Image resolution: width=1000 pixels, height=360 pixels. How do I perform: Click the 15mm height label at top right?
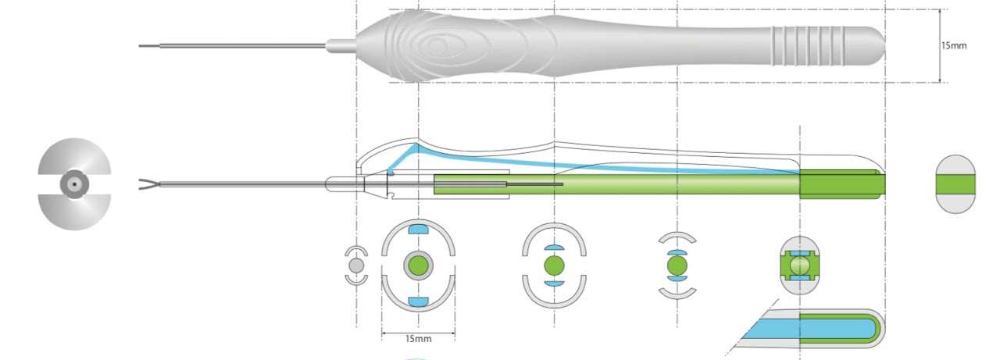tap(954, 45)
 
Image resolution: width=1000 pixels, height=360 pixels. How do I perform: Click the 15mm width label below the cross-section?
tap(418, 338)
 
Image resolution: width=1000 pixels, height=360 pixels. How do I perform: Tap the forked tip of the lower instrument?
tap(148, 185)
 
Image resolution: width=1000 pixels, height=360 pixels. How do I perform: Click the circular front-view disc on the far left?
tap(74, 185)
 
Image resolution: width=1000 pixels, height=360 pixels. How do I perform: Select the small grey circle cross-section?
tap(356, 266)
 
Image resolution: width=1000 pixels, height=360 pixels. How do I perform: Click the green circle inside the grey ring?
tap(418, 266)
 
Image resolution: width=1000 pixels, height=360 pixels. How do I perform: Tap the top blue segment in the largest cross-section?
tap(419, 230)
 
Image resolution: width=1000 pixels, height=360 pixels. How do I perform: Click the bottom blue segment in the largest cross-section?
tap(419, 301)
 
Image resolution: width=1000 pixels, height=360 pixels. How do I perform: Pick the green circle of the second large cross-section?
tap(554, 266)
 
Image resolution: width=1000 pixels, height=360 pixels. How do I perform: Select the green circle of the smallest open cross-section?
tap(677, 266)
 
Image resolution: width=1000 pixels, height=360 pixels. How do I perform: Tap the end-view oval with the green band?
tap(955, 184)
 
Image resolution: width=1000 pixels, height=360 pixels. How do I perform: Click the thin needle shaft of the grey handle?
tap(234, 46)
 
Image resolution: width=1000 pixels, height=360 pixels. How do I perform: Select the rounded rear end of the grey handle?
tap(873, 45)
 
